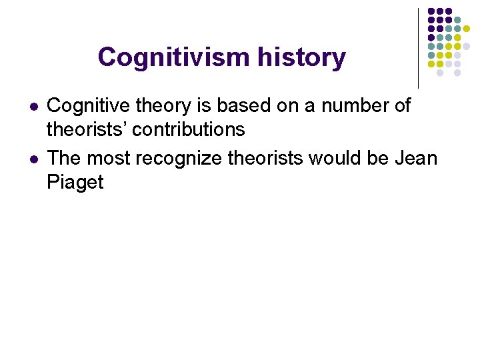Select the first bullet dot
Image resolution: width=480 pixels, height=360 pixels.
coord(33,107)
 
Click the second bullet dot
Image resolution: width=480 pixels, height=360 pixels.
coord(33,159)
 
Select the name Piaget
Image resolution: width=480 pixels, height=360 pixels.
coord(75,182)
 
